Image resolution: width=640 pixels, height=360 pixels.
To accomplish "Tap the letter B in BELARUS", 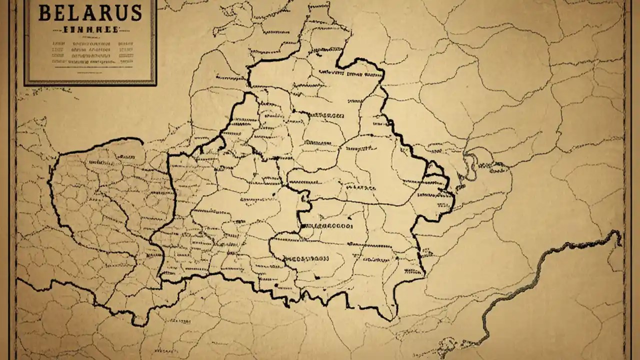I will (44, 13).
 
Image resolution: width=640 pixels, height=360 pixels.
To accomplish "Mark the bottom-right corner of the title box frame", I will (154, 83).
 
